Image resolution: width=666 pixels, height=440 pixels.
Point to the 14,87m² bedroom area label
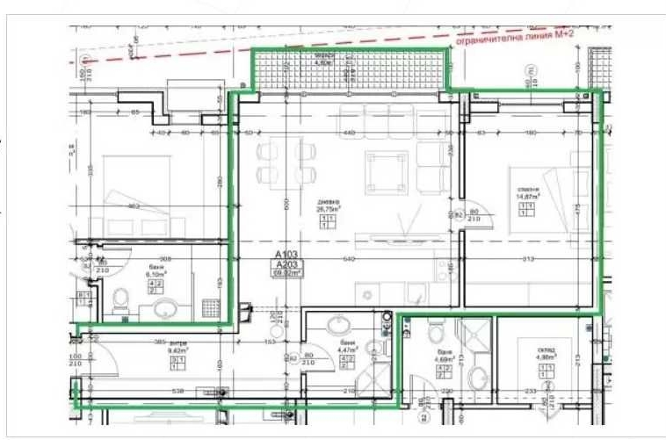[528, 197]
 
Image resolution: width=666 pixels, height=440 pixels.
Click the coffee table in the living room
[387, 172]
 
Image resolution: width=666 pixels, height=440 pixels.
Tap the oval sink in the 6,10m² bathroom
[164, 309]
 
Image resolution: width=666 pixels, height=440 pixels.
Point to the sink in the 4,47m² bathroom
[339, 325]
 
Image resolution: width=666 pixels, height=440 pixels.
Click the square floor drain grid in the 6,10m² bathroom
[210, 307]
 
